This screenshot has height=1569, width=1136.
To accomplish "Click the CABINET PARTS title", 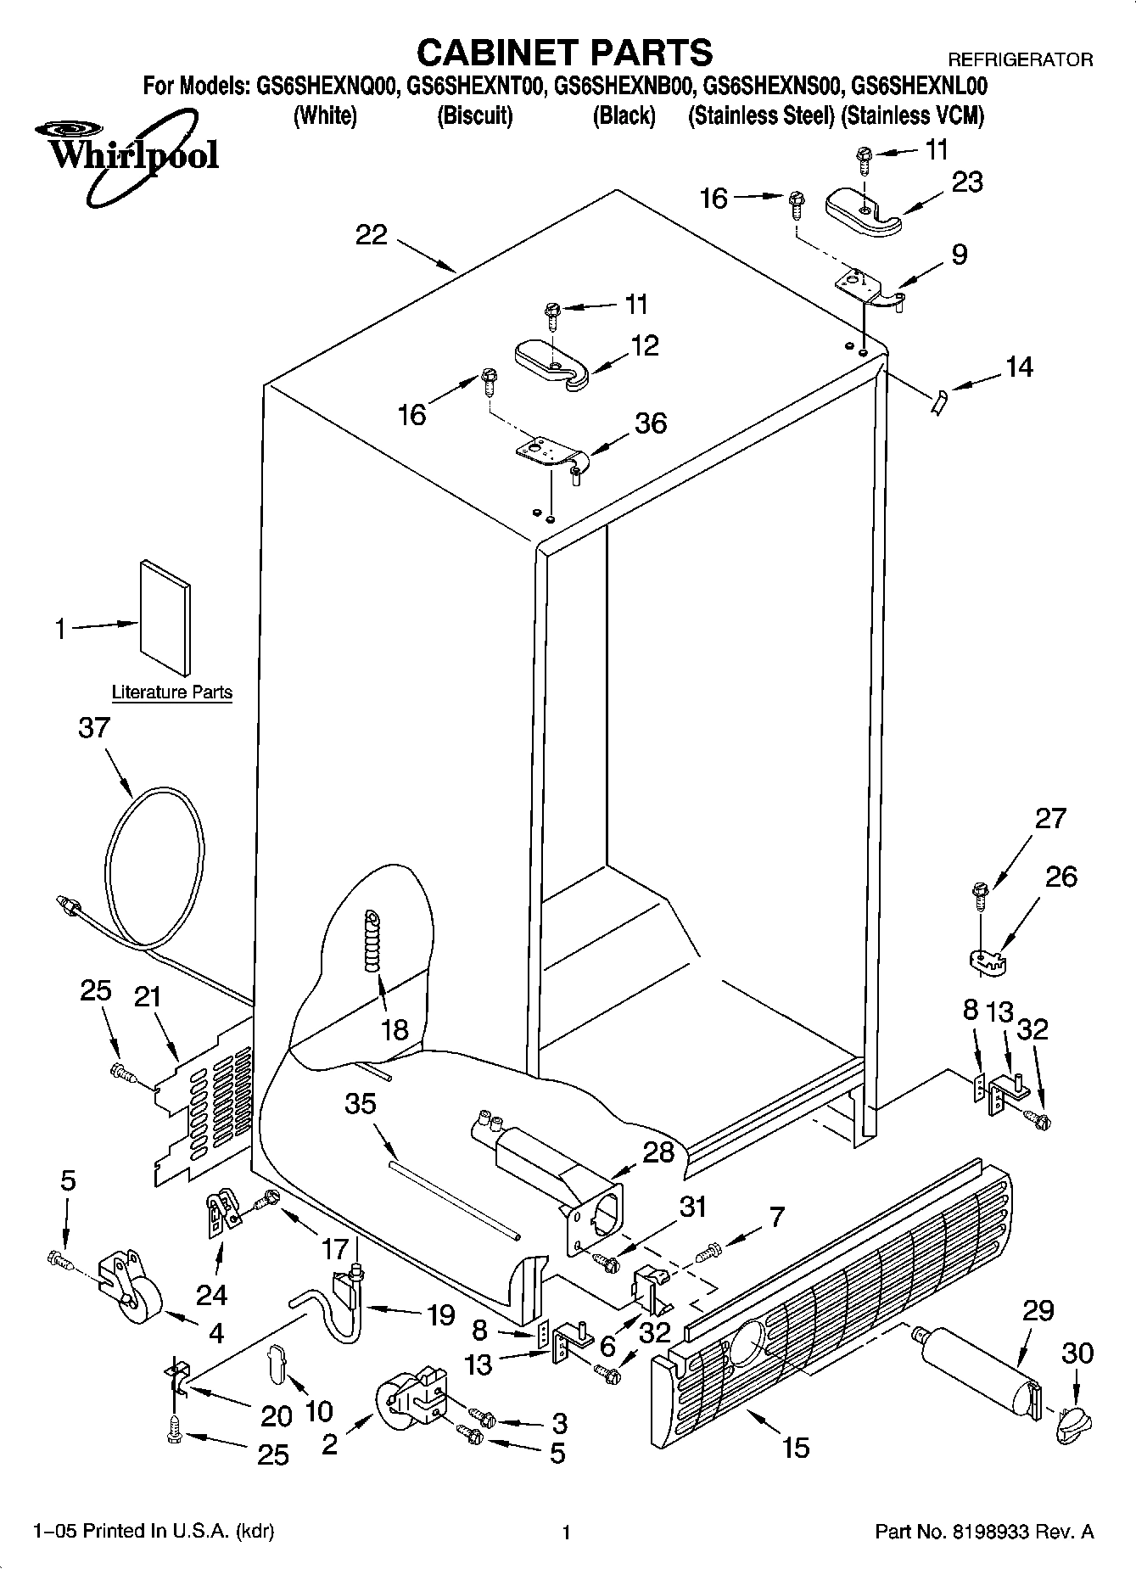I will (x=564, y=53).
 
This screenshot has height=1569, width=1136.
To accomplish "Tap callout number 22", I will (x=371, y=235).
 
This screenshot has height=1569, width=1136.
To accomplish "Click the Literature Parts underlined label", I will (x=172, y=692).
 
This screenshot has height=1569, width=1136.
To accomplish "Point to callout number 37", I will (x=94, y=728).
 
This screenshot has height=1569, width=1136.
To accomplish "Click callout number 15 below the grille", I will (x=795, y=1447).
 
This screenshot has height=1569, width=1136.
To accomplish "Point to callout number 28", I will (x=658, y=1152).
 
